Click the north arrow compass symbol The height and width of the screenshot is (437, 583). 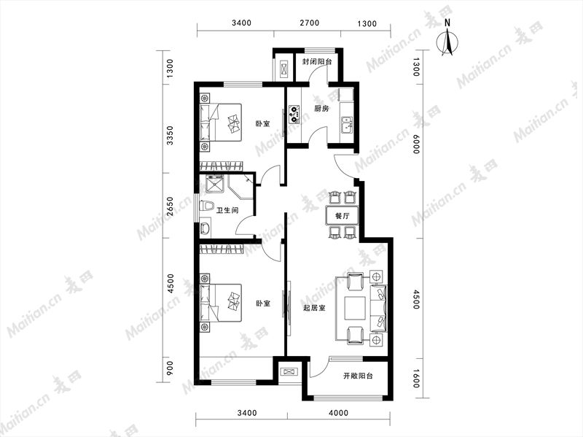[x=447, y=42]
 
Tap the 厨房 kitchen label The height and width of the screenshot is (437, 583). [x=321, y=109]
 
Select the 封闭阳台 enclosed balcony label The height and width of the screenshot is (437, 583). [x=316, y=62]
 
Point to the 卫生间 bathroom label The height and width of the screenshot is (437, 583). [x=227, y=211]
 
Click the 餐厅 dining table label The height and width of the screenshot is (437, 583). [x=342, y=215]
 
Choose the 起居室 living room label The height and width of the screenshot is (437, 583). [x=314, y=308]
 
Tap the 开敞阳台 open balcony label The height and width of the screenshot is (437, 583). [x=358, y=376]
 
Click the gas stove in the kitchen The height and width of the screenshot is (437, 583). [x=294, y=115]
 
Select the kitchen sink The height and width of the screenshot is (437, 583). [x=348, y=124]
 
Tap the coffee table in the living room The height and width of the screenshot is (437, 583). [x=355, y=307]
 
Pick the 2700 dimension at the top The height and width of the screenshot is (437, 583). [x=309, y=23]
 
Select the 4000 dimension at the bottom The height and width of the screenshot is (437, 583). [x=339, y=413]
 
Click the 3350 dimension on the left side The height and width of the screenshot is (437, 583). [x=170, y=136]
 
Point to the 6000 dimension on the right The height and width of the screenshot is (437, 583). [x=416, y=144]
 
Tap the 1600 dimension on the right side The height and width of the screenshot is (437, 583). [x=416, y=378]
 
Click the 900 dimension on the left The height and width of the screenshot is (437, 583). [x=170, y=368]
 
